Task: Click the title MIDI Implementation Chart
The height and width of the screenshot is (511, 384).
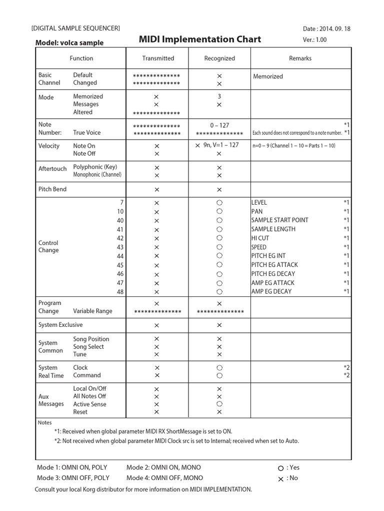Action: tap(199, 39)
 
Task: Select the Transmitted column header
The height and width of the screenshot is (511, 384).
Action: tap(158, 58)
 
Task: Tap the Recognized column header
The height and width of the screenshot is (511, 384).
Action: tap(219, 58)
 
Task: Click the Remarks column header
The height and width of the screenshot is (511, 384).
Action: tap(300, 58)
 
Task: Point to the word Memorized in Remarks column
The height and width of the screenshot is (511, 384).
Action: tap(268, 76)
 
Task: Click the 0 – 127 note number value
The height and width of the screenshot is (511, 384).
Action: tap(219, 125)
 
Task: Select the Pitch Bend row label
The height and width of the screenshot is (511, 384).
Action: tap(52, 189)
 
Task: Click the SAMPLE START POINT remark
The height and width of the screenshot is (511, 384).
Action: tap(279, 220)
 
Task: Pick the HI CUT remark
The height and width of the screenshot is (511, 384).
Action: tap(260, 238)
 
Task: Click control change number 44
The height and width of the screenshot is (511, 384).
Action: tap(120, 256)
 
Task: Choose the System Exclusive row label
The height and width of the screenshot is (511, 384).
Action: tap(60, 325)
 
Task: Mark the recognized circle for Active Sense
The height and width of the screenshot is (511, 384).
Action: tap(219, 404)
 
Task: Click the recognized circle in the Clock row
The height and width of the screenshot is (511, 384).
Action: tap(219, 368)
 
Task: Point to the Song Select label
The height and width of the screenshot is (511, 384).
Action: tap(88, 346)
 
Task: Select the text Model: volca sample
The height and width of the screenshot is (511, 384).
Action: tap(69, 43)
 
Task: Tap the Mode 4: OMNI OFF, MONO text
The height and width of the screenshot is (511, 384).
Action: tap(163, 478)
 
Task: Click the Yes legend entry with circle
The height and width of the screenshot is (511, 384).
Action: tap(289, 468)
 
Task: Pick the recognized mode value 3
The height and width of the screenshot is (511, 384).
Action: tap(219, 96)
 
